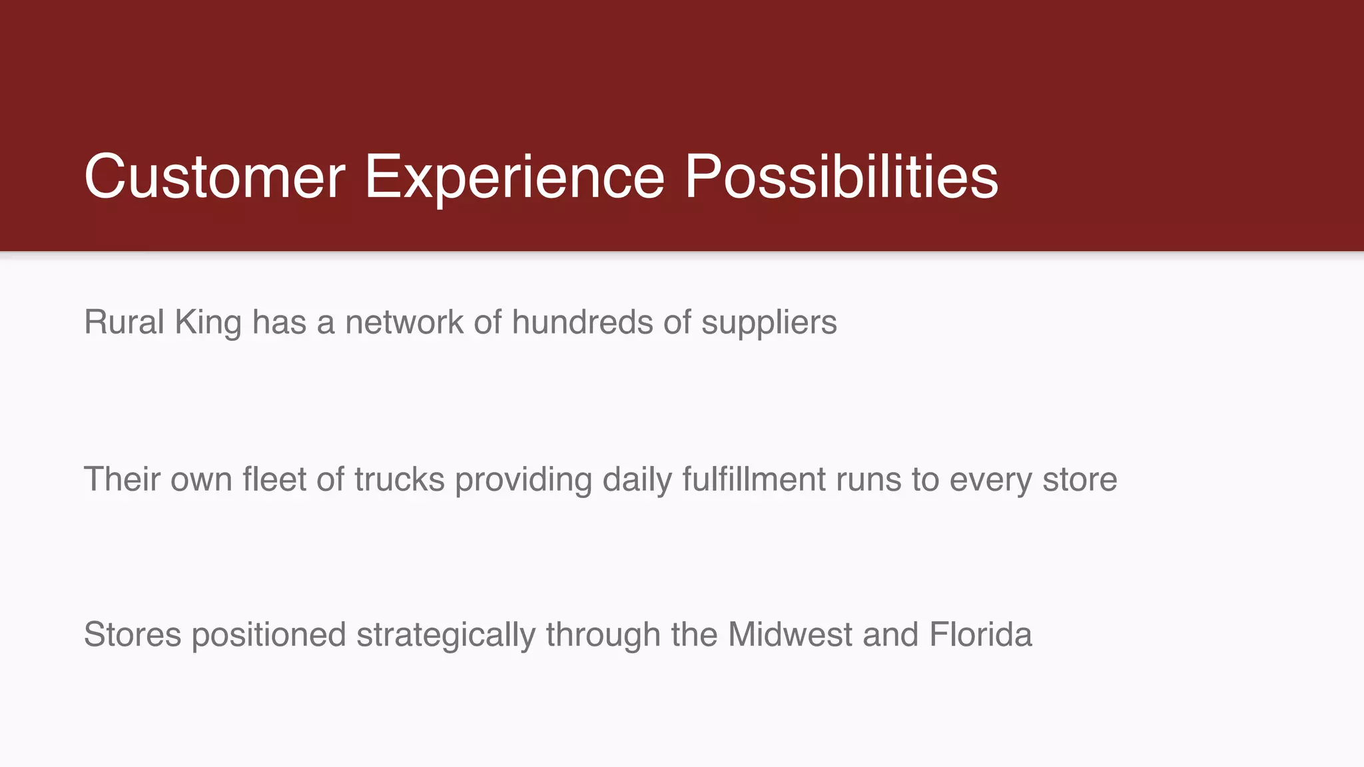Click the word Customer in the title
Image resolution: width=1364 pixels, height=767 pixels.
(x=214, y=176)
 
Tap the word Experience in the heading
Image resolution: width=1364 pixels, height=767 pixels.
(x=514, y=176)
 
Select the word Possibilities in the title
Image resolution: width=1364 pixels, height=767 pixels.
(x=841, y=176)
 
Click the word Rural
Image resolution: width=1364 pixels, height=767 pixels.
(x=124, y=322)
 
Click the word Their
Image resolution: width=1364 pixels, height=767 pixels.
(x=122, y=479)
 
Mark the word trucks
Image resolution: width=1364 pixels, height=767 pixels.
(x=399, y=479)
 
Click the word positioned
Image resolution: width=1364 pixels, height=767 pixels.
(x=268, y=635)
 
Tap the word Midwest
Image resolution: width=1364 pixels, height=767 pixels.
(x=790, y=635)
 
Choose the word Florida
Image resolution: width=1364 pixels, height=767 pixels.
(x=980, y=635)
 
